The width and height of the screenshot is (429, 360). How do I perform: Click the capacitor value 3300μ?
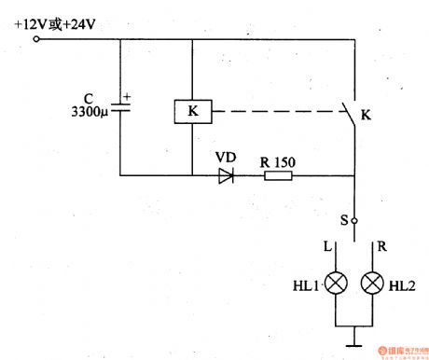click(x=90, y=115)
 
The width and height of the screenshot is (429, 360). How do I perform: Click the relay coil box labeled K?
click(x=191, y=111)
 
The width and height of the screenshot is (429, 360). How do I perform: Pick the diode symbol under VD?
click(x=226, y=174)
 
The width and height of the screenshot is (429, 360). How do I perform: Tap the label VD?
click(x=226, y=156)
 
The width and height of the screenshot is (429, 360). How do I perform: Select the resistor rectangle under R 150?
click(x=276, y=174)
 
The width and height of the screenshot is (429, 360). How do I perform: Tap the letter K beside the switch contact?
click(x=366, y=117)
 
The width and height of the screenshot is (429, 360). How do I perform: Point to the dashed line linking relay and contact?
click(x=275, y=112)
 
